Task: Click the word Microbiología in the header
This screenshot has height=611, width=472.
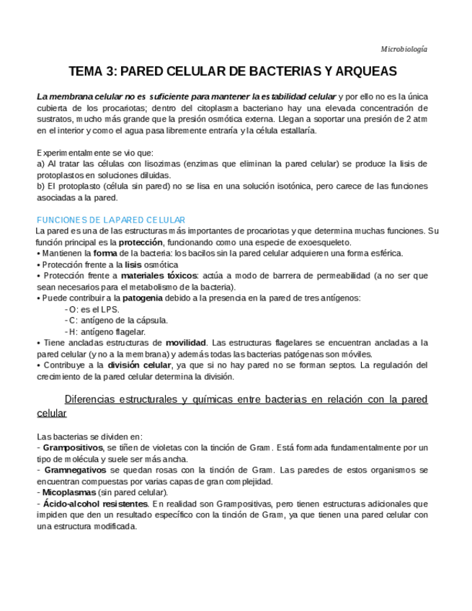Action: tap(404, 49)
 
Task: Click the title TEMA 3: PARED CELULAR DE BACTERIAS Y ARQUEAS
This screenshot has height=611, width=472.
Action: tap(233, 72)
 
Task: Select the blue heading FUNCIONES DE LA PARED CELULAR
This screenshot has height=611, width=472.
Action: tap(111, 220)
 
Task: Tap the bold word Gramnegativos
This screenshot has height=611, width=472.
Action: tap(74, 470)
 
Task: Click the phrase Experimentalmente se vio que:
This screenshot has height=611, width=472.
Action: tap(94, 153)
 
